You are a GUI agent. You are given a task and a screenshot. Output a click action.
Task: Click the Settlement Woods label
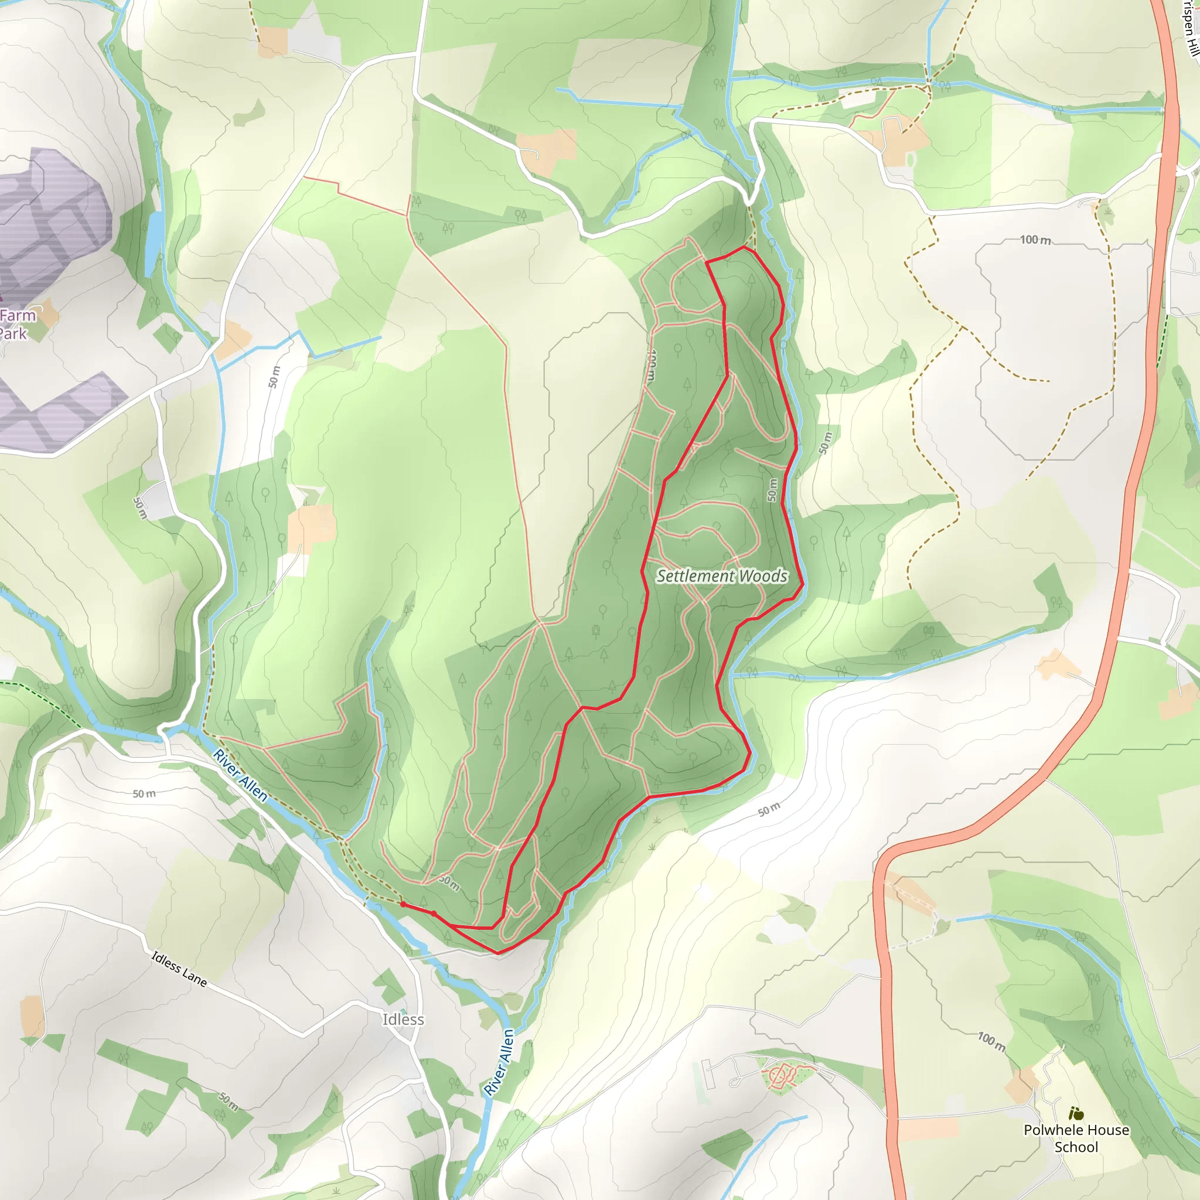point(722,576)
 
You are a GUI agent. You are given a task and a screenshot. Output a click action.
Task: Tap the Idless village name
point(403,1020)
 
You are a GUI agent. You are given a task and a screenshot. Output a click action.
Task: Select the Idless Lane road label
point(179,969)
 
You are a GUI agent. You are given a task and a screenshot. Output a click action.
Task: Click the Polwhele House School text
point(1076,1138)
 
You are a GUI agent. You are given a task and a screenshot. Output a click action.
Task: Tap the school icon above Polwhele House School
point(1076,1114)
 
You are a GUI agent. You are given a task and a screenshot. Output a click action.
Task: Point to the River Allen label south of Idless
point(500,1062)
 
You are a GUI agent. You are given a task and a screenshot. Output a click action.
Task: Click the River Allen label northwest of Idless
point(240,776)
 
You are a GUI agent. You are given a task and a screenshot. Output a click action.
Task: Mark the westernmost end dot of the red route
point(403,904)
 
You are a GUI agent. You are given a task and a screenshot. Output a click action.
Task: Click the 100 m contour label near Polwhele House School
point(991,1042)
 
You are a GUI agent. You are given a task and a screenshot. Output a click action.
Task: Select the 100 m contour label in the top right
point(1035,240)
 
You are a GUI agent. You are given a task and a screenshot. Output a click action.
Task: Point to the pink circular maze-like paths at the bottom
point(779,1075)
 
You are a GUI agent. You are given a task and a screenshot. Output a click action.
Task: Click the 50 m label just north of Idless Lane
point(144,794)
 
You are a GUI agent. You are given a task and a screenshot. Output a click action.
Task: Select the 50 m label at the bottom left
point(228,1101)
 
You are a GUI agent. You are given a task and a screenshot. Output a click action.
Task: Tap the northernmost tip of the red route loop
point(744,247)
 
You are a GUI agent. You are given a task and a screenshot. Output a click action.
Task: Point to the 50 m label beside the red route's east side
point(772,489)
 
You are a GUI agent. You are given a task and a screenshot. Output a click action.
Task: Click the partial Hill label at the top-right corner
point(1189,28)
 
